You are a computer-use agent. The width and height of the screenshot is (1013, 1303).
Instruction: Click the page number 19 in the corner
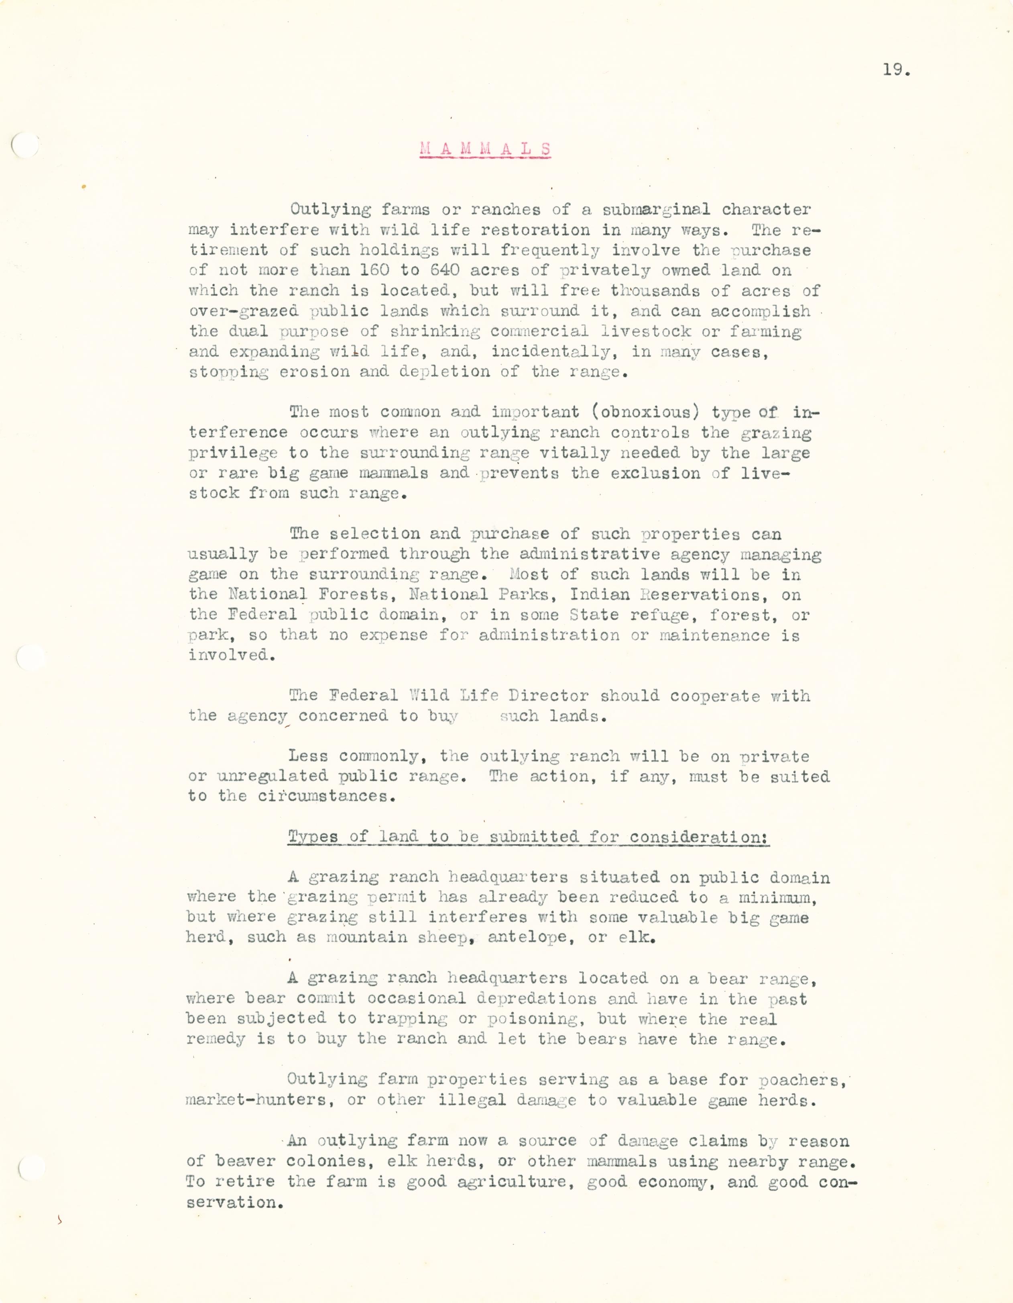click(895, 70)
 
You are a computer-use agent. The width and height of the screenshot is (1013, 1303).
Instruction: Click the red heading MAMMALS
click(485, 149)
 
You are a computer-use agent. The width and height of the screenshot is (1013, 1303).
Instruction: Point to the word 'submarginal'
click(656, 209)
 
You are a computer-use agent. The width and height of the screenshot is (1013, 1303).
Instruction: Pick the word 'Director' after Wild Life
click(549, 696)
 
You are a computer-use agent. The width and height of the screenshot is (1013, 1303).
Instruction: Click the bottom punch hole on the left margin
click(31, 1168)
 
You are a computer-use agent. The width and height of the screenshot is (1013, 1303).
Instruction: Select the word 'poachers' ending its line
click(801, 1079)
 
